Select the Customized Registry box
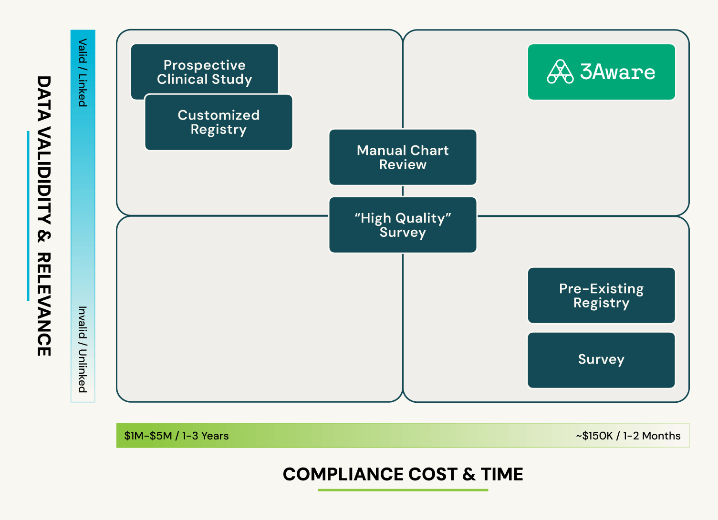tap(219, 122)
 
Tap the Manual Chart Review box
tap(403, 157)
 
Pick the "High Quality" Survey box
tap(403, 225)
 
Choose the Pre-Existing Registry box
tap(601, 296)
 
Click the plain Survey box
tap(601, 360)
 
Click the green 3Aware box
tap(601, 72)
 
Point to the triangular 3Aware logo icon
tap(560, 72)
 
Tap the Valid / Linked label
tap(83, 72)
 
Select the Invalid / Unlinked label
tap(83, 349)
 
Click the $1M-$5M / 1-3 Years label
tap(177, 436)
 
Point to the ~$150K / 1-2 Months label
tap(628, 436)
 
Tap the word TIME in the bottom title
tap(502, 474)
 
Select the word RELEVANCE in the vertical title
tap(44, 305)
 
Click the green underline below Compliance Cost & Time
tap(403, 490)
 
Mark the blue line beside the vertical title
tap(28, 216)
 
